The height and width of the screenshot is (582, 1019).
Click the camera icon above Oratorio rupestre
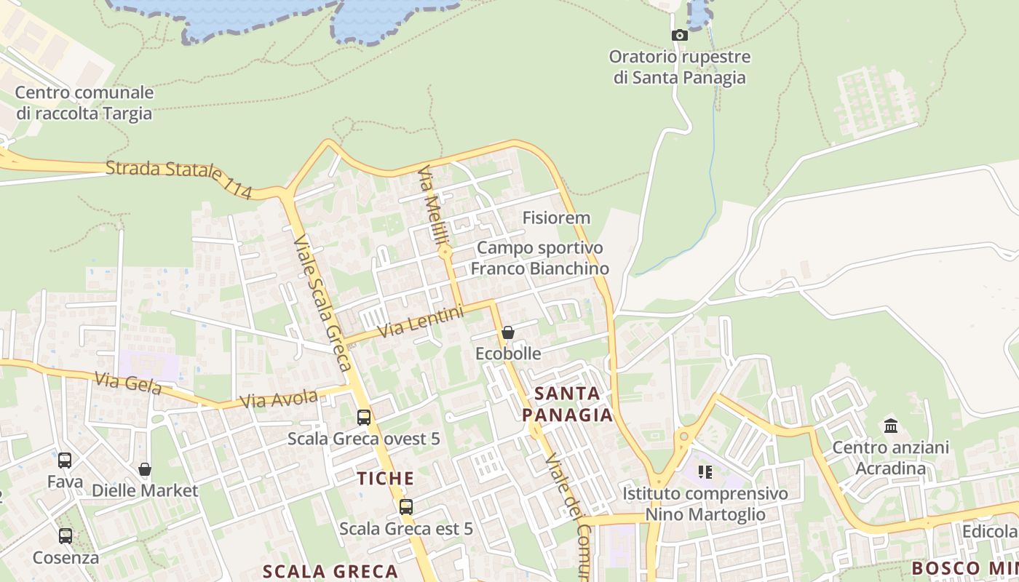679,35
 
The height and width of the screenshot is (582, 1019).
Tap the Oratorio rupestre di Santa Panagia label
680,67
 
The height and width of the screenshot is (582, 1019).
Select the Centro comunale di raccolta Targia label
84,103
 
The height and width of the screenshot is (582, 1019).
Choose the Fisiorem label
556,218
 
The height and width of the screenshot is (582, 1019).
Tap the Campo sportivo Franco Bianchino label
539,258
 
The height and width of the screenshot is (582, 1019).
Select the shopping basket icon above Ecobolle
508,332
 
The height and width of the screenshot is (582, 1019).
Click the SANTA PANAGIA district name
568,404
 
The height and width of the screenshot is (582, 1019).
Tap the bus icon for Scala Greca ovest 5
364,418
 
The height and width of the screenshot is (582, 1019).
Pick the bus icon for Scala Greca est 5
406,507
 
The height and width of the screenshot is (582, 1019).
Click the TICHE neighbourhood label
386,479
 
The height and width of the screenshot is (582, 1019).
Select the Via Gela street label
127,383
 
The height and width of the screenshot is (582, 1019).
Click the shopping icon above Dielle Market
145,469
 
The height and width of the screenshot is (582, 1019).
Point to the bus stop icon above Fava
65,461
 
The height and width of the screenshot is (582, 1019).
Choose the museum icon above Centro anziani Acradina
891,426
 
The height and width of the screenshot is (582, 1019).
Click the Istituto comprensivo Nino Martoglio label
705,504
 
